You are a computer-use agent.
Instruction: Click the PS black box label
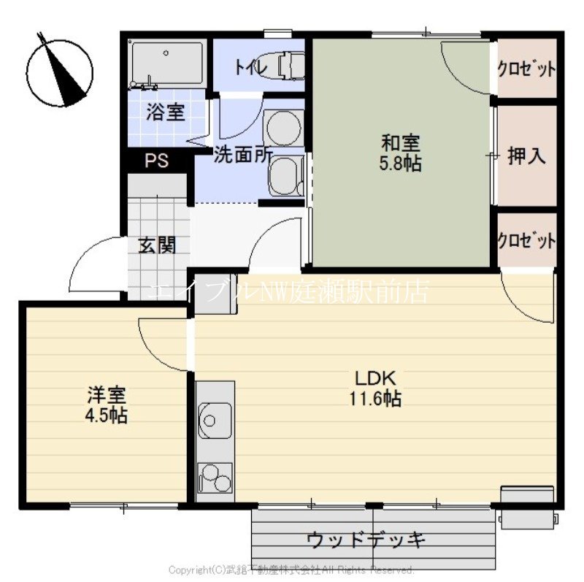pos(156,161)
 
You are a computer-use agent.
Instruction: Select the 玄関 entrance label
pos(157,245)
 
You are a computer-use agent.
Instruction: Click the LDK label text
pos(375,379)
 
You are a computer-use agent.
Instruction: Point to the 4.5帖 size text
pos(107,416)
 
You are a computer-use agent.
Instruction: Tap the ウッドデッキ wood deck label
pos(366,540)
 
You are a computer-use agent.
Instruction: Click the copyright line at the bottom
pos(291,569)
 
